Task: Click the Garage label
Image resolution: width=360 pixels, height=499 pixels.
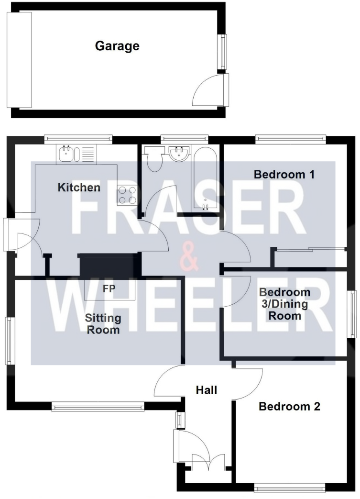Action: [x=117, y=46]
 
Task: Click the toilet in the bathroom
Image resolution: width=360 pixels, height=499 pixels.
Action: [x=154, y=160]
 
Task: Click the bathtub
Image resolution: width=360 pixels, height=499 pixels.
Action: [x=205, y=177]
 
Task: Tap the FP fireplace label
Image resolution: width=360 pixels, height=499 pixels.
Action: [x=108, y=288]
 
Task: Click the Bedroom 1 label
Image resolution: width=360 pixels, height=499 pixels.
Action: [x=284, y=175]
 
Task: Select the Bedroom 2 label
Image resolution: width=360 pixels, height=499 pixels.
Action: [x=289, y=407]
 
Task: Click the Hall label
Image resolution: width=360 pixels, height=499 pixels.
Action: [x=207, y=390]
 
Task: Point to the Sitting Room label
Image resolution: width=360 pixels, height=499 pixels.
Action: [x=103, y=324]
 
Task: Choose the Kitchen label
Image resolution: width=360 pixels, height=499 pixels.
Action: [x=79, y=188]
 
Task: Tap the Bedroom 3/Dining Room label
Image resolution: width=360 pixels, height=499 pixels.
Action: [x=284, y=304]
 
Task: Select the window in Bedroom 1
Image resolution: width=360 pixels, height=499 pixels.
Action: [x=291, y=140]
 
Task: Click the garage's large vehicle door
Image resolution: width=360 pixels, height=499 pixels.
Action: [x=19, y=60]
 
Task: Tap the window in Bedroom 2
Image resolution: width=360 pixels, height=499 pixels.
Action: [x=290, y=488]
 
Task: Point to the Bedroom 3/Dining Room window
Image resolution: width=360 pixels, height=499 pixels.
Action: [x=353, y=314]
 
